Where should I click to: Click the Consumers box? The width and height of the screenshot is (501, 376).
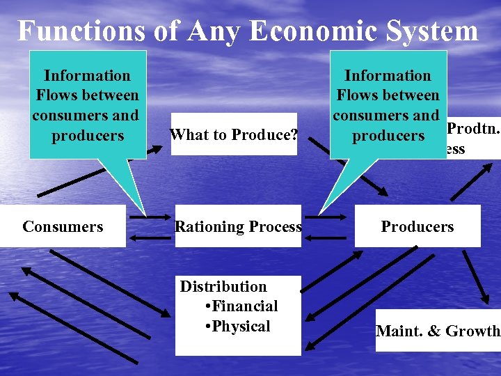pyautogui.click(x=63, y=226)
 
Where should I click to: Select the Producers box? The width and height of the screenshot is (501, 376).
pyautogui.click(x=417, y=226)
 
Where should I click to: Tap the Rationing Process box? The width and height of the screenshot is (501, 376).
pyautogui.click(x=238, y=226)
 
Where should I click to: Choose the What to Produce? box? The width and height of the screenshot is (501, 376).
pyautogui.click(x=234, y=134)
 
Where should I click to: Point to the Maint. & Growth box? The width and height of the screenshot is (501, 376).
pyautogui.click(x=438, y=331)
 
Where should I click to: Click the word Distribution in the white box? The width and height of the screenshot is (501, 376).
pyautogui.click(x=223, y=286)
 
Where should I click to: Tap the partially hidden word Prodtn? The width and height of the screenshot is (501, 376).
pyautogui.click(x=471, y=129)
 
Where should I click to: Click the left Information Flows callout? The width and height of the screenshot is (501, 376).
pyautogui.click(x=87, y=104)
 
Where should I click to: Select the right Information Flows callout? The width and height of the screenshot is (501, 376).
pyautogui.click(x=388, y=104)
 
